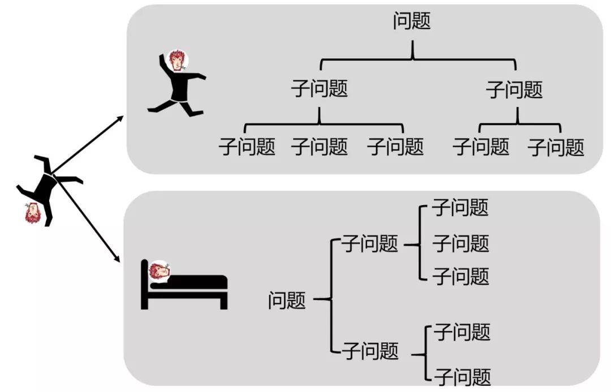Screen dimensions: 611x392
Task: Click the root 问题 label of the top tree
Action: (x=411, y=21)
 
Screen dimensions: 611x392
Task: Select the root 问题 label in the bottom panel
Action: (x=287, y=300)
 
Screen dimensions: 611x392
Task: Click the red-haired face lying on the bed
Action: (x=160, y=271)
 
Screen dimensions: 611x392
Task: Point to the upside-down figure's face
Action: (x=33, y=213)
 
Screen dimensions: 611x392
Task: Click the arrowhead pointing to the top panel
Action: (x=120, y=119)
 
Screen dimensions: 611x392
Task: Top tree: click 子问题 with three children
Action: (x=319, y=89)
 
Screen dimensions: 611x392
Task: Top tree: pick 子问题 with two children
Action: (x=514, y=90)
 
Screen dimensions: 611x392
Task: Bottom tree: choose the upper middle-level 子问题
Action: (x=370, y=243)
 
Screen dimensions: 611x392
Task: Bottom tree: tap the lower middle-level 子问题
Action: (x=371, y=350)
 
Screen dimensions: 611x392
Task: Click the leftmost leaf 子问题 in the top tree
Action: (x=247, y=147)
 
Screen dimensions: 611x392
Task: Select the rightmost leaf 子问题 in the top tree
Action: (x=556, y=147)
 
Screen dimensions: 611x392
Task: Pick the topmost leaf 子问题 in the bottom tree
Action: (x=460, y=207)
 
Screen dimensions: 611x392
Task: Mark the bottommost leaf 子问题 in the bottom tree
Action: (x=462, y=376)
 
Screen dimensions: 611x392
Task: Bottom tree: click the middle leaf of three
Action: (x=461, y=243)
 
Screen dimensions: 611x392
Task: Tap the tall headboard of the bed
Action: (x=144, y=284)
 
